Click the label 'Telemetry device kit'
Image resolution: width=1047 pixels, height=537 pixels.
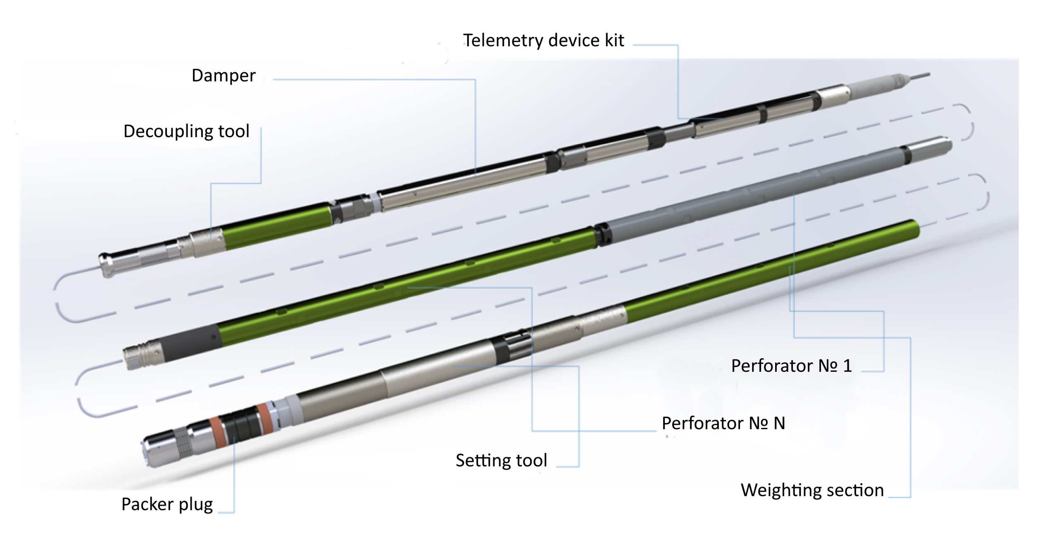pos(543,40)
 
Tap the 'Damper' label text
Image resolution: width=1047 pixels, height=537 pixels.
pos(224,76)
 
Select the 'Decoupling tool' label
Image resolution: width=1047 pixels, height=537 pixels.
pos(186,131)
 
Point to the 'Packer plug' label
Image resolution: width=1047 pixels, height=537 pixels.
pos(167,504)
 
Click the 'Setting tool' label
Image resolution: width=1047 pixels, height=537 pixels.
pos(501,460)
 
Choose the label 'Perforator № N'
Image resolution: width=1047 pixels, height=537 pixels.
pos(723,423)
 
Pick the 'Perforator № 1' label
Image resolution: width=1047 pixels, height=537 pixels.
pos(791,366)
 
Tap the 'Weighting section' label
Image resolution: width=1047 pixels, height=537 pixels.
pos(812,490)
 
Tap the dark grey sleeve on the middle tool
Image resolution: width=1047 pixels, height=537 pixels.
pos(190,342)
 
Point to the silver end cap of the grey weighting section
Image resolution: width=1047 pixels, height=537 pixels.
pos(932,148)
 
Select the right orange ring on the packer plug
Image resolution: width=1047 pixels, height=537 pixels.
pos(264,418)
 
